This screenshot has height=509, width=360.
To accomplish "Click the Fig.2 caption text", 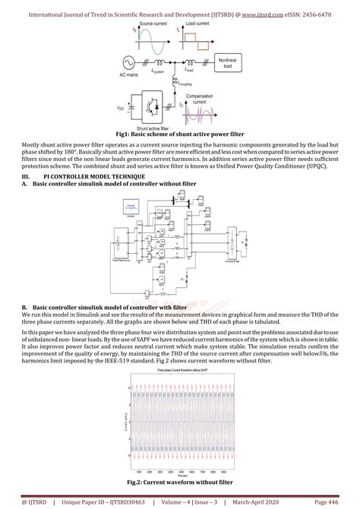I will pos(179,482).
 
